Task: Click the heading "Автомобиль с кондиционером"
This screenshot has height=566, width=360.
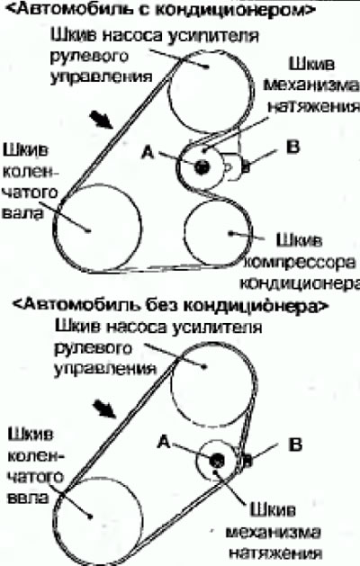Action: tap(161, 9)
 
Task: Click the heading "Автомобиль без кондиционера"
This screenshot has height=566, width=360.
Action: tap(170, 305)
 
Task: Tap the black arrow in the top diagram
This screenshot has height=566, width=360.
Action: tap(102, 120)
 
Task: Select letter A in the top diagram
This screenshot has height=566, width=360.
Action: tap(148, 153)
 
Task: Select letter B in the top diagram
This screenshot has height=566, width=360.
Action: tap(292, 148)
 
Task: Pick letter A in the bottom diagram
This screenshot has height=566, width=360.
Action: tap(164, 442)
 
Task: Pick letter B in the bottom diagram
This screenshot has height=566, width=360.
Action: tap(295, 445)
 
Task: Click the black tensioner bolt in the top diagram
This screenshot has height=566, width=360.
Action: tap(202, 166)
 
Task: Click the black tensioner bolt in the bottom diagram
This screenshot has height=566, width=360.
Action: tap(217, 460)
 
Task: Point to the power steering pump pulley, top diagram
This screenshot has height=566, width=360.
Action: tap(208, 92)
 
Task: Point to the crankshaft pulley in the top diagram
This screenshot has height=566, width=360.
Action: tap(97, 229)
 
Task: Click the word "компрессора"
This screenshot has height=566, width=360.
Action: tap(300, 263)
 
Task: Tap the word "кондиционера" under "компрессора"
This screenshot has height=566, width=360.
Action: tap(300, 283)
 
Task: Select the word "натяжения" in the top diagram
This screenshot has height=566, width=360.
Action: tap(313, 106)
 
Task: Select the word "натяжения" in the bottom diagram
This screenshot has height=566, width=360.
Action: tap(275, 553)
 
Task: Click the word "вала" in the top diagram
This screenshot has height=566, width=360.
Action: tap(22, 212)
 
